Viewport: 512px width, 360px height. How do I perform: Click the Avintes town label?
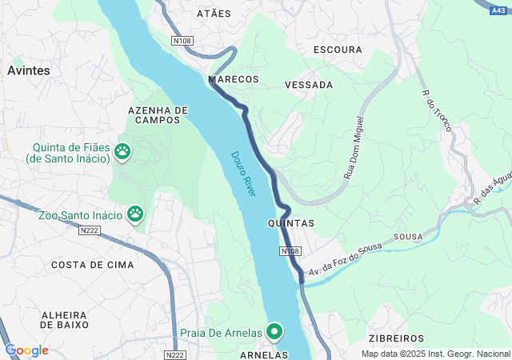[28, 70]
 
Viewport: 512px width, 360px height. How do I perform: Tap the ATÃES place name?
[214, 14]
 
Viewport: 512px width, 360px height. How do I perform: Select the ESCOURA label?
[338, 50]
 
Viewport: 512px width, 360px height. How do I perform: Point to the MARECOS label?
[234, 80]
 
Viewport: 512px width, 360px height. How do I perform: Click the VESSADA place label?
[309, 84]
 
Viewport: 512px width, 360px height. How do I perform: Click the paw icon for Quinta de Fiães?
[122, 150]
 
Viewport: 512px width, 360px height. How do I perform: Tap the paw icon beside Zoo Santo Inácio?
[135, 214]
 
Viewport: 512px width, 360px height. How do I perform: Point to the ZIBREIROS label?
[396, 339]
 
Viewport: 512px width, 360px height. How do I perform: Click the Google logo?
[26, 350]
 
